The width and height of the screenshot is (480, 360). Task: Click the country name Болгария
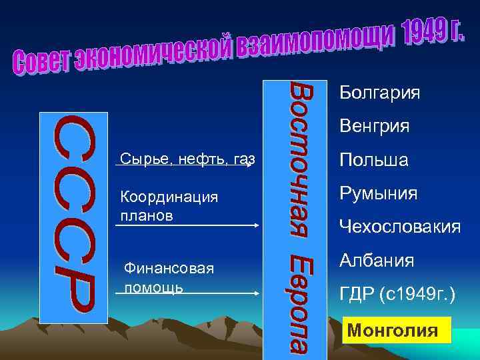[x=379, y=92]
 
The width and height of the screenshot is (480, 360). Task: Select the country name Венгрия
[x=374, y=125]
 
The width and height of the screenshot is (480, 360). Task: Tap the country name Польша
[x=373, y=161]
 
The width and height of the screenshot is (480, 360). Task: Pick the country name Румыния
[x=378, y=194]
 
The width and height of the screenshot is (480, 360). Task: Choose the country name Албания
[x=376, y=260]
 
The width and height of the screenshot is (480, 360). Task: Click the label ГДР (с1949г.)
[x=397, y=295]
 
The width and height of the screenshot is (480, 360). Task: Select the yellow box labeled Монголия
[x=396, y=330]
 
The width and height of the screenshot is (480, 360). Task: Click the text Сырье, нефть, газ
[x=187, y=159]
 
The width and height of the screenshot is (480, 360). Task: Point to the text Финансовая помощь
[x=169, y=277]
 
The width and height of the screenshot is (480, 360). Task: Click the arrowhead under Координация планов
[x=255, y=226]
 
